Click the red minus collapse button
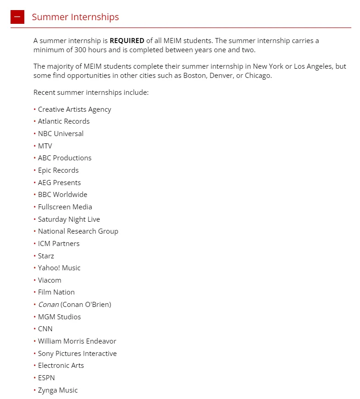click(17, 17)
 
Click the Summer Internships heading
click(75, 17)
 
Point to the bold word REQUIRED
click(127, 41)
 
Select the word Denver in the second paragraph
click(221, 76)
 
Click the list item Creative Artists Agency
click(74, 109)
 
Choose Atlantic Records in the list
click(64, 121)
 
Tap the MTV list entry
click(45, 146)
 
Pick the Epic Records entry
click(58, 170)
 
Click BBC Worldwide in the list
click(62, 195)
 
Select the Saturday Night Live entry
click(69, 219)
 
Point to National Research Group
click(78, 231)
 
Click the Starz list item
click(46, 256)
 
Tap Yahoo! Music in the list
click(59, 268)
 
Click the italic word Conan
click(48, 305)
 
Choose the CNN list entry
click(45, 329)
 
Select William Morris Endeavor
click(77, 341)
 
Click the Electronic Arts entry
click(61, 366)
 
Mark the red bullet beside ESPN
click(34, 378)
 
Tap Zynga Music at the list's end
click(58, 390)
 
